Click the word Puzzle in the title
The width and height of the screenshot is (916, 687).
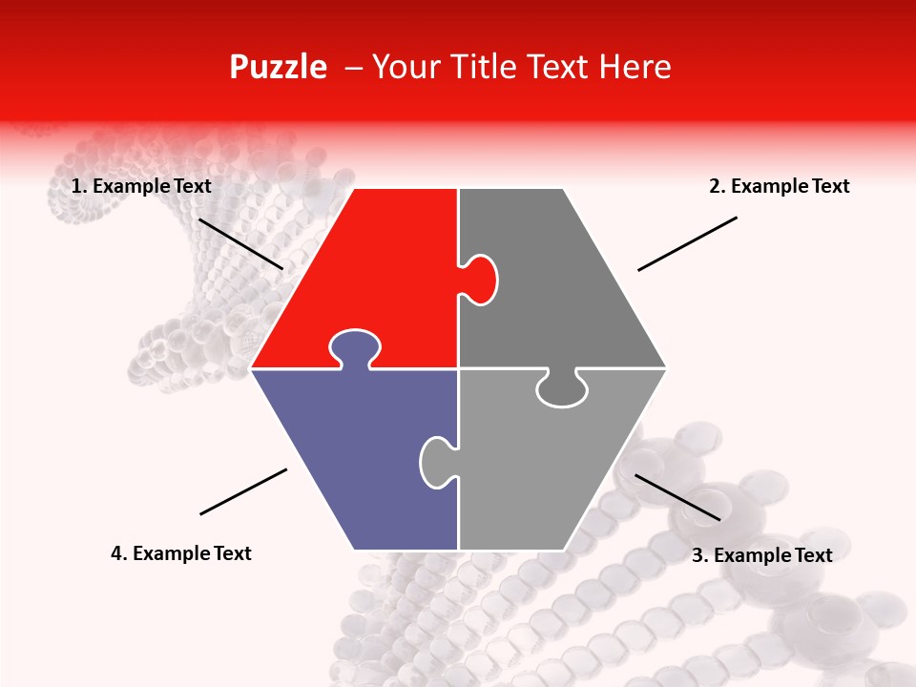coord(278,67)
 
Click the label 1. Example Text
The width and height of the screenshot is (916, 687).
coord(141,186)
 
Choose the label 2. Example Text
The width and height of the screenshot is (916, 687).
coord(779,186)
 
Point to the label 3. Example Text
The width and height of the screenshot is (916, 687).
coord(761,555)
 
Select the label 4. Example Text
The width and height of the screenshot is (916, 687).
coord(181,553)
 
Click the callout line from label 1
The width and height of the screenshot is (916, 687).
coord(240,243)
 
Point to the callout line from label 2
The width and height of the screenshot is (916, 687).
coord(687,243)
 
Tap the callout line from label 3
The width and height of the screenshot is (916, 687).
coord(677,497)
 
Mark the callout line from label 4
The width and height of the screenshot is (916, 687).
coord(243,491)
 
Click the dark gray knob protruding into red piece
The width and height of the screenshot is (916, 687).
coord(480,280)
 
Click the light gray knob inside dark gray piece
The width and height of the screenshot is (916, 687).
coord(562,389)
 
